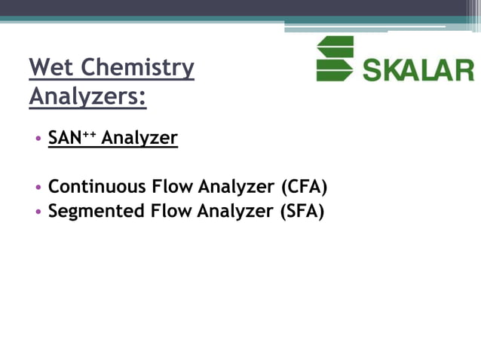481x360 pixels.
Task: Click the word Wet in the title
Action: (x=51, y=68)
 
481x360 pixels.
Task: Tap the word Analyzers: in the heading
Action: (x=87, y=97)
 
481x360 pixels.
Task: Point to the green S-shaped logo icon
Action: (x=335, y=59)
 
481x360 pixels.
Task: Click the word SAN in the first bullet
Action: (x=64, y=139)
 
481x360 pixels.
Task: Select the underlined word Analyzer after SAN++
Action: (x=139, y=139)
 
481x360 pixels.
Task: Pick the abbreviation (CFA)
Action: (x=304, y=186)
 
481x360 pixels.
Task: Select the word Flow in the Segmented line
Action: (x=169, y=211)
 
